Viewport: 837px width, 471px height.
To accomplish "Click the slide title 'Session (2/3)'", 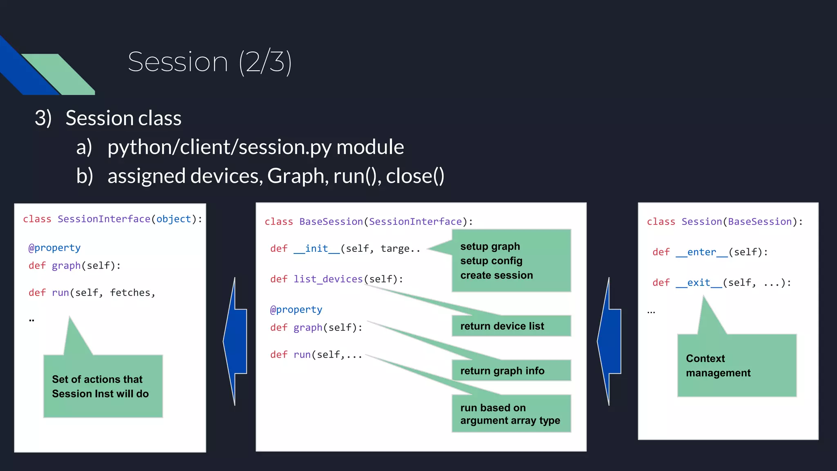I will tap(210, 62).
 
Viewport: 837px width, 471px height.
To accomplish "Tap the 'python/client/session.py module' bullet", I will tap(255, 147).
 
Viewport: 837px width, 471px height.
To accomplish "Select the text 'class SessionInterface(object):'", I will tap(112, 219).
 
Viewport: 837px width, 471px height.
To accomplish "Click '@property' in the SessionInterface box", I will tap(54, 248).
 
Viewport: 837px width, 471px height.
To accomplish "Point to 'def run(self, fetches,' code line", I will tap(92, 293).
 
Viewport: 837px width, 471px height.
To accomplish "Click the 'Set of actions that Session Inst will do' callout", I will tap(103, 386).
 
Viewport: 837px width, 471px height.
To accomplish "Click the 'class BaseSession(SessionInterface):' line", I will tap(368, 222).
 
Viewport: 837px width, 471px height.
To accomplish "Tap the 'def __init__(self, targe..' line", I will tap(345, 249).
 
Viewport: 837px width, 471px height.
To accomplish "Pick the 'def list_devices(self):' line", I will tap(336, 279).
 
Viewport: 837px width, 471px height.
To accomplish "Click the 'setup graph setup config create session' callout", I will tap(511, 260).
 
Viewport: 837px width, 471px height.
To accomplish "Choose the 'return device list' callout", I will tap(511, 326).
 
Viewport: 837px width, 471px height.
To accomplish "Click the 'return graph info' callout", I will tap(511, 370).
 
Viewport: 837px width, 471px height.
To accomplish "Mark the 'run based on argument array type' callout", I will tap(511, 414).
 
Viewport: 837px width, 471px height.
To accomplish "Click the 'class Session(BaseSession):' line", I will tap(725, 222).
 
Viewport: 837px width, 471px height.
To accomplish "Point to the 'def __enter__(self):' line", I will tap(710, 252).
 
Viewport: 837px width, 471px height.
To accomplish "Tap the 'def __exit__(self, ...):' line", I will tap(721, 283).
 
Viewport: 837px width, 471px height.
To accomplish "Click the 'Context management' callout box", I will tap(736, 365).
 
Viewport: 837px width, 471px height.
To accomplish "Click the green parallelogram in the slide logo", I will tap(57, 74).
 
